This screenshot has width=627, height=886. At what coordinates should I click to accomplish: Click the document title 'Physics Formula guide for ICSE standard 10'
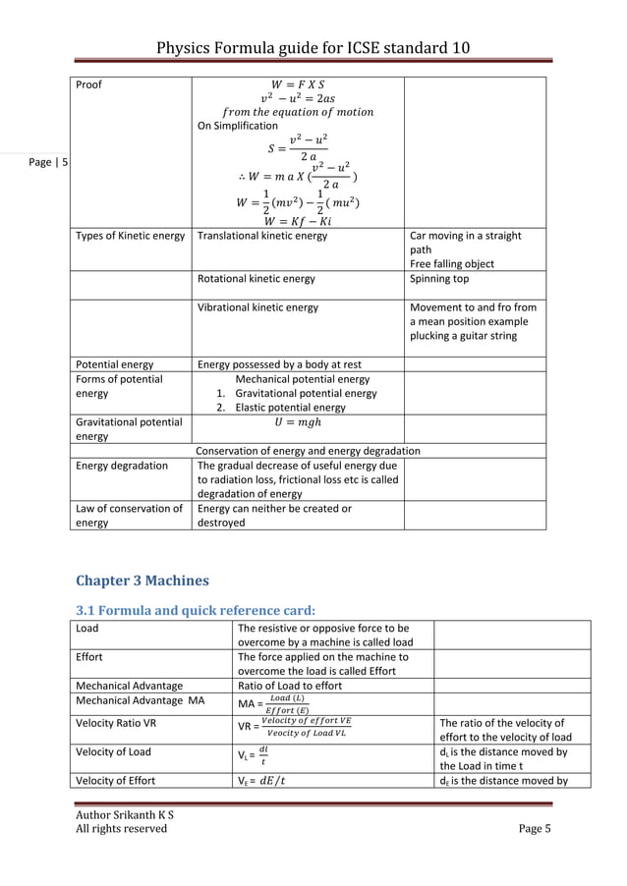[313, 48]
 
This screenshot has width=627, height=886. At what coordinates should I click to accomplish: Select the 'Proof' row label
[89, 84]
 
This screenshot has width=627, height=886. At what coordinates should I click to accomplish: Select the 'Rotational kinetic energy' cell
[256, 279]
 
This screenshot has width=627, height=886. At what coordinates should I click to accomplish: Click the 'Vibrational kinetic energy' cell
[257, 307]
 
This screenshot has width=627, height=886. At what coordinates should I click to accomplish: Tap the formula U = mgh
[299, 422]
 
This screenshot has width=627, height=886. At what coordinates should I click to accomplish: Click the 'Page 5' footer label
[535, 828]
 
